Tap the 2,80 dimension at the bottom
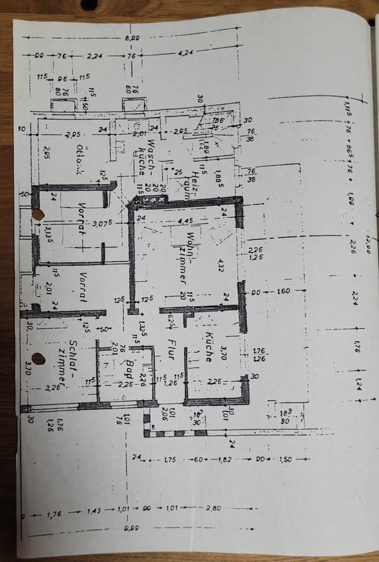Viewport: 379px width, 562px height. (x=214, y=508)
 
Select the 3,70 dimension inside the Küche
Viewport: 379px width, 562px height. (x=222, y=352)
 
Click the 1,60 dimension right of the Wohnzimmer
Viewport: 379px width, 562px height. (x=283, y=292)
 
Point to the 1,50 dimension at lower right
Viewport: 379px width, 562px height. (x=285, y=460)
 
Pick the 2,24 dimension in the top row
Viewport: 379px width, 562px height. (x=95, y=56)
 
